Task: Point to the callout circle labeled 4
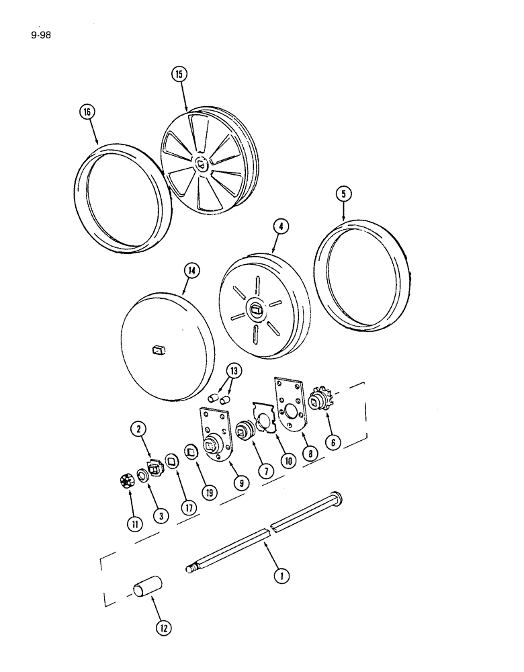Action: (281, 226)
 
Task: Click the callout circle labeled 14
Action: (191, 271)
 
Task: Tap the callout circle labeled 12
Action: (163, 628)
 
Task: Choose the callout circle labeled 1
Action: (283, 575)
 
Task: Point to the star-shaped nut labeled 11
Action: (126, 480)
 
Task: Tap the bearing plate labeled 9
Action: (213, 440)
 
